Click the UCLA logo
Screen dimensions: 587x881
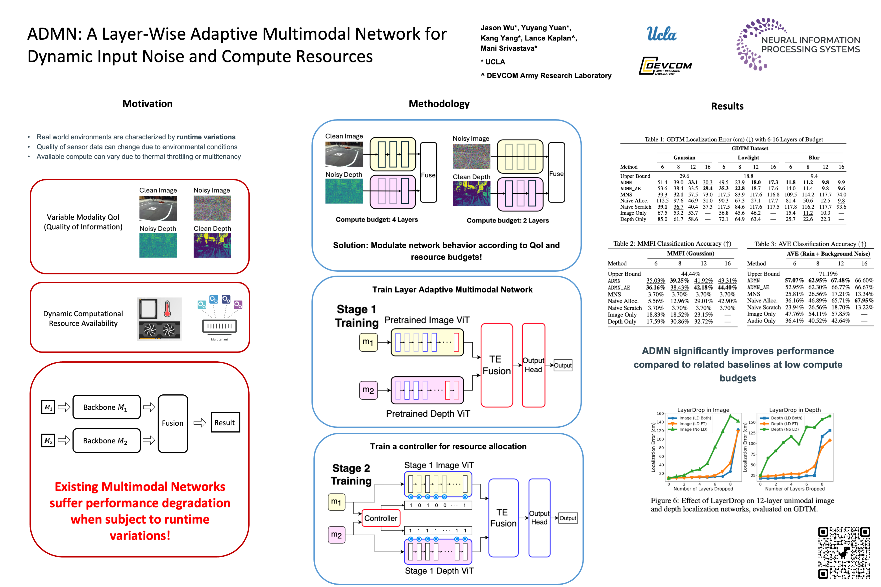coord(661,34)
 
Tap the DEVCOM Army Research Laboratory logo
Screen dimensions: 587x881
coord(665,66)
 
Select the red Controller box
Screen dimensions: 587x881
coord(381,518)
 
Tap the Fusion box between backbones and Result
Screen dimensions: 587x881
coord(173,423)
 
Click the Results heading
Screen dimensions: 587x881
coord(727,106)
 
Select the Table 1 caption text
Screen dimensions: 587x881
coord(733,139)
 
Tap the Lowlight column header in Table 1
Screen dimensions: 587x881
coord(748,158)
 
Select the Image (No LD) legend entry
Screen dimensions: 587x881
coord(693,429)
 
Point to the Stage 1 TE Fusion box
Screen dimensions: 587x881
coord(496,365)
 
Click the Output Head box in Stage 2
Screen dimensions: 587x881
coord(539,518)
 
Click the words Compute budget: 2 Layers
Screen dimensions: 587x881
coord(507,221)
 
